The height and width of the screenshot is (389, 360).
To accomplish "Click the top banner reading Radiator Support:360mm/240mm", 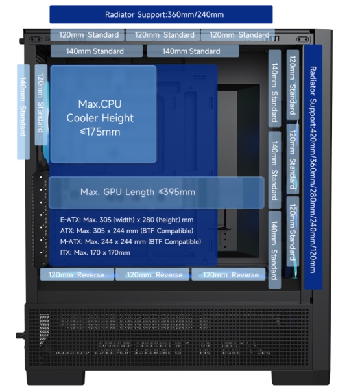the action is click(x=161, y=14).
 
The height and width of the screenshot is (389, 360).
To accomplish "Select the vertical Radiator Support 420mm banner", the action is click(x=313, y=167).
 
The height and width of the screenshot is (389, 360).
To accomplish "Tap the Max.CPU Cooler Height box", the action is click(x=103, y=114).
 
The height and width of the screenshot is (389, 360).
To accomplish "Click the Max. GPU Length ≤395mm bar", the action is click(x=156, y=193).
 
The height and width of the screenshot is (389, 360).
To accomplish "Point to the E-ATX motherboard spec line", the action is click(x=126, y=220).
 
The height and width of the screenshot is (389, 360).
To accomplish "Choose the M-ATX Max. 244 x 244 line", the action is click(x=130, y=242).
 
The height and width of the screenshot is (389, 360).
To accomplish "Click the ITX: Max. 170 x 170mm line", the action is click(x=95, y=253).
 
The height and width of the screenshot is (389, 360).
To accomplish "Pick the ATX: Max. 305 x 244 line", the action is click(x=126, y=231).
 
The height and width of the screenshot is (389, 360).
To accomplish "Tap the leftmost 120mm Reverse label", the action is click(x=77, y=274).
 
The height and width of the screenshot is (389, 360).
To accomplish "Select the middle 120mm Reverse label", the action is click(x=152, y=274).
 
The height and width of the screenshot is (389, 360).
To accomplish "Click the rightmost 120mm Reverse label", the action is click(x=228, y=274).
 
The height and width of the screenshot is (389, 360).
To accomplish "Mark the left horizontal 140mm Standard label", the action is click(x=97, y=51).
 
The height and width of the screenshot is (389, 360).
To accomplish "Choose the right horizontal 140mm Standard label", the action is click(x=193, y=51).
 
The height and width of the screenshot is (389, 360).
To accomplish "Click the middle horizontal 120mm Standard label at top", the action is click(x=163, y=35).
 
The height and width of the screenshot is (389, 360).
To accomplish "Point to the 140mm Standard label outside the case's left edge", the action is click(x=23, y=112).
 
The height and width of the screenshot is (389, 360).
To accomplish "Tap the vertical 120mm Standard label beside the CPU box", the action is click(x=41, y=104).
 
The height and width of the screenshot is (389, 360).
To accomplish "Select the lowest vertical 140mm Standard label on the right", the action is click(x=274, y=250).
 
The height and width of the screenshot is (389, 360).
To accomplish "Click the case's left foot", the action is click(x=56, y=377).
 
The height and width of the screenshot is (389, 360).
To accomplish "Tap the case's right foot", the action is click(x=301, y=377).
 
